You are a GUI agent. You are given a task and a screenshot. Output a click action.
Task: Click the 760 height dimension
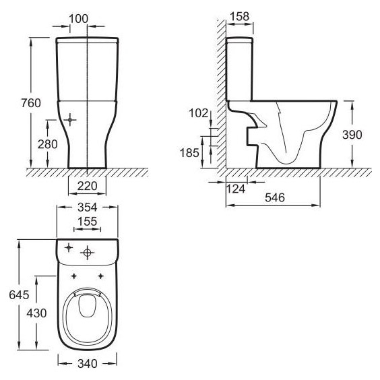click(x=31, y=103)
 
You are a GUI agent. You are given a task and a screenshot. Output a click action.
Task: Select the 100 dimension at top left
click(x=79, y=19)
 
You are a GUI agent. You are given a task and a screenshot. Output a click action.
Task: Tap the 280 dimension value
click(x=47, y=144)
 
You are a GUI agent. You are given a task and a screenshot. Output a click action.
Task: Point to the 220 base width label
click(x=87, y=186)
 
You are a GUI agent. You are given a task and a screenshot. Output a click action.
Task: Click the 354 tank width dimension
click(x=87, y=208)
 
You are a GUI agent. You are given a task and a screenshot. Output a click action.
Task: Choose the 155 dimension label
click(x=87, y=221)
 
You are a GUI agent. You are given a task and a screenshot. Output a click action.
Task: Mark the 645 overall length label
click(x=19, y=295)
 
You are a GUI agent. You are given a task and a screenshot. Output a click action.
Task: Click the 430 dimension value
click(x=36, y=313)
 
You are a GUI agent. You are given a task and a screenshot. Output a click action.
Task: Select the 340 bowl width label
click(x=88, y=364)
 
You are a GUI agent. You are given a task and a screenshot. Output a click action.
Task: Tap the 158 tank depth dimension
click(x=239, y=16)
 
